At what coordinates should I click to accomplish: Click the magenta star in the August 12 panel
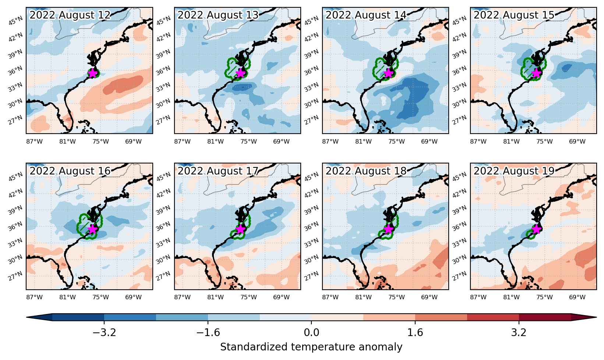point(92,73)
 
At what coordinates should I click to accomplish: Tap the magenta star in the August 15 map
point(536,73)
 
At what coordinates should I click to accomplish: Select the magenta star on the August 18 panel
point(388,229)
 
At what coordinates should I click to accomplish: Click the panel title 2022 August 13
point(218,15)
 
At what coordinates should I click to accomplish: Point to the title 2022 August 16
point(70,171)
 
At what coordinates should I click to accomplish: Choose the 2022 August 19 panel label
point(514,171)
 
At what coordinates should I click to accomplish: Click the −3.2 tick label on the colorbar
point(104,332)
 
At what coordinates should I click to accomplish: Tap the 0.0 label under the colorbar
point(311,332)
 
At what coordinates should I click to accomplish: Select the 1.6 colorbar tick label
point(415,332)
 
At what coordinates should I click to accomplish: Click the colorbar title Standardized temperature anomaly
point(311,347)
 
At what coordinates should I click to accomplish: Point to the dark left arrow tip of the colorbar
point(27,317)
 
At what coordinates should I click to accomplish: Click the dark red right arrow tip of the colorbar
point(596,317)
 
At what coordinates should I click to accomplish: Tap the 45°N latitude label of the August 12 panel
point(15,21)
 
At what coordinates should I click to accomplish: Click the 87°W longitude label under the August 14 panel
point(330,142)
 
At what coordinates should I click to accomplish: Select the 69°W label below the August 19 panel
point(577,297)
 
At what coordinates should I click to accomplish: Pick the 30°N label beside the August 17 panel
point(163,260)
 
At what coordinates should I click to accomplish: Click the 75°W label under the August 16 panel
point(100,297)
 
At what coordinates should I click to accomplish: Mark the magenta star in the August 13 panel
point(240,73)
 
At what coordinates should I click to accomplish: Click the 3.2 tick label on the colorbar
point(519,332)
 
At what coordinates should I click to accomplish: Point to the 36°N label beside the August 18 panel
point(311,226)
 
